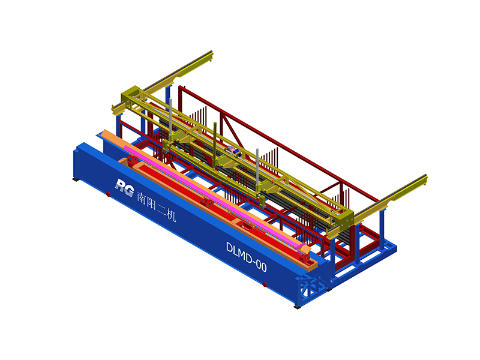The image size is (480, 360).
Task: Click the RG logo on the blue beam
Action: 125,187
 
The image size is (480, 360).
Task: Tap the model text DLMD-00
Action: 247,257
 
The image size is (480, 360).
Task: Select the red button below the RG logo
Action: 108,194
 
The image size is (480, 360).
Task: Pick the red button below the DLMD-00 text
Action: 265,284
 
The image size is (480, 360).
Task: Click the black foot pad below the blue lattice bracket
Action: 297,307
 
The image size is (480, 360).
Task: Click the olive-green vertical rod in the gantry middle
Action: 215,142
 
